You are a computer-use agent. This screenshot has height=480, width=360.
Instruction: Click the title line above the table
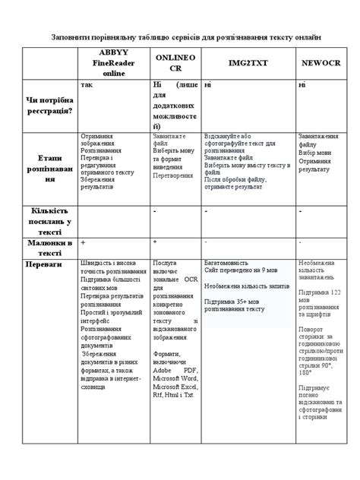point(180,36)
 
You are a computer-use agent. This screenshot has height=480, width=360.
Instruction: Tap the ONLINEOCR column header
point(175,62)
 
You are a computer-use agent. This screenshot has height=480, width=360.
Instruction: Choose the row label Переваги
point(49,265)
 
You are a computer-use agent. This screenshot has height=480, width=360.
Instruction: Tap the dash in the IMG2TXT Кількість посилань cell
point(207,210)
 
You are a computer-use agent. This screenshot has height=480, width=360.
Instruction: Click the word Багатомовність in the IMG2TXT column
point(229,261)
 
